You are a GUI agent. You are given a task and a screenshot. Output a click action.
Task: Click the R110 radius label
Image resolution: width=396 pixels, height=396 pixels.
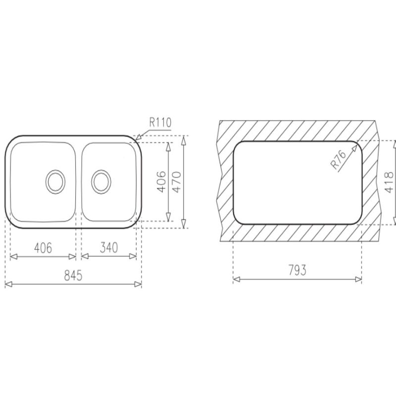click(x=160, y=122)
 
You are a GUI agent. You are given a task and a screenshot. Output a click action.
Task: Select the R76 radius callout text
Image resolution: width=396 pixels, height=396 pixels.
click(x=339, y=159)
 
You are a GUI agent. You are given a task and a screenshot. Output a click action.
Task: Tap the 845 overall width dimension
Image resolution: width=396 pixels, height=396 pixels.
click(x=73, y=275)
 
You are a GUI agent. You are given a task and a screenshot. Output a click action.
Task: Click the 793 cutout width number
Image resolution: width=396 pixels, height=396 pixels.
click(x=297, y=270)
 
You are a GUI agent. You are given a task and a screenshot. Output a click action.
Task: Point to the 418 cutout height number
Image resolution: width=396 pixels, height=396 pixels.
click(x=389, y=182)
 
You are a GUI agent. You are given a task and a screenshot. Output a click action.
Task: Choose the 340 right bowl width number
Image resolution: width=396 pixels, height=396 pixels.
click(x=109, y=247)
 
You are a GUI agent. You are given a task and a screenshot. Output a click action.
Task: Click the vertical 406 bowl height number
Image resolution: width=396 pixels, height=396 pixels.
click(x=162, y=182)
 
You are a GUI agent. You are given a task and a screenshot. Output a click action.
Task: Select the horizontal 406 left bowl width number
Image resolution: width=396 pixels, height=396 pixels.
click(x=43, y=248)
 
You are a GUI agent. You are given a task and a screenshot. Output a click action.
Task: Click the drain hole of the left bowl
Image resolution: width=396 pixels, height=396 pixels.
click(x=55, y=182)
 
